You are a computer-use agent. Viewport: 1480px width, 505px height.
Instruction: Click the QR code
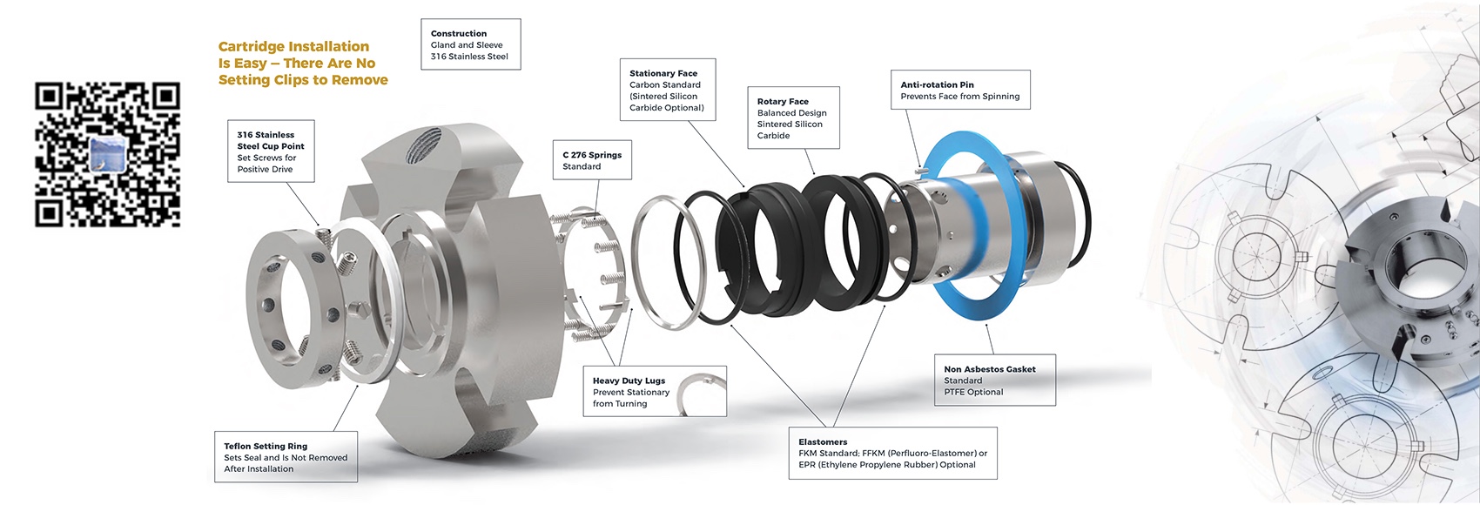(107, 155)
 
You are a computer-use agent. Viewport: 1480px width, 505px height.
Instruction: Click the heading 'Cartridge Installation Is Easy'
(302, 63)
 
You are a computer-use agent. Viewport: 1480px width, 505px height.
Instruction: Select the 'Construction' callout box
(470, 44)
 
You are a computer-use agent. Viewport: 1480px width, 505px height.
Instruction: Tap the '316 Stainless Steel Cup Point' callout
(270, 151)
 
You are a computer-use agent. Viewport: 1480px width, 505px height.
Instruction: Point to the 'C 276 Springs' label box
(592, 160)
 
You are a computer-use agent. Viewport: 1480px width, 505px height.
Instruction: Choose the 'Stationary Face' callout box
(666, 91)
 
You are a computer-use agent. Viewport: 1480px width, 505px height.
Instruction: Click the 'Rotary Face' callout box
(792, 118)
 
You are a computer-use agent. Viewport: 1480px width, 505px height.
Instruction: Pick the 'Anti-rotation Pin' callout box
(959, 91)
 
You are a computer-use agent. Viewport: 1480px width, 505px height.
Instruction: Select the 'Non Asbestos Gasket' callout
(993, 380)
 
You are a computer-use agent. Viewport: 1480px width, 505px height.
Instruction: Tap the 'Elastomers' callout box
(892, 453)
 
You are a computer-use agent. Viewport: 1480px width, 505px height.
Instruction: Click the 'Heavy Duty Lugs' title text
(629, 380)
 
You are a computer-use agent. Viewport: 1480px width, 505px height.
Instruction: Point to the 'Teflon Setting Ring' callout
(285, 457)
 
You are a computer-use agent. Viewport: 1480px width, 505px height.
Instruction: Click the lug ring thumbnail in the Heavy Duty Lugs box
(702, 394)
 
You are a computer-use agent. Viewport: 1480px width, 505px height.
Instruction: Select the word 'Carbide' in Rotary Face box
(773, 136)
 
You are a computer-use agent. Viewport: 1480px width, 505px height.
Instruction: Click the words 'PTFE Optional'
(973, 392)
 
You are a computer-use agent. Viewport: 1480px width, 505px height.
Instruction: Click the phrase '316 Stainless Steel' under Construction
(469, 57)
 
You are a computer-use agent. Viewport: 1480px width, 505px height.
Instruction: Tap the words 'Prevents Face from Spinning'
(959, 97)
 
